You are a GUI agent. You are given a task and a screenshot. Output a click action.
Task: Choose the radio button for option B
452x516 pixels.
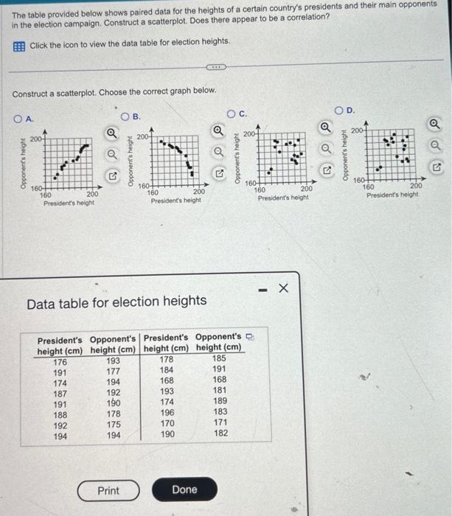pos(126,116)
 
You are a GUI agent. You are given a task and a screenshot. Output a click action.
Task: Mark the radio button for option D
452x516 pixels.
pos(340,111)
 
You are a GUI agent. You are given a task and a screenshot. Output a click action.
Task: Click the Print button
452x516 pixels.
pos(108,490)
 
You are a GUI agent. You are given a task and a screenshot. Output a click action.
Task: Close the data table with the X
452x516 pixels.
pos(282,289)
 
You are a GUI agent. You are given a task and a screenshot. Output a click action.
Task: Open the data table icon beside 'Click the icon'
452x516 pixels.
pos(19,45)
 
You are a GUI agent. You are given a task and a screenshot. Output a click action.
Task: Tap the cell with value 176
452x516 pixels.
pos(60,361)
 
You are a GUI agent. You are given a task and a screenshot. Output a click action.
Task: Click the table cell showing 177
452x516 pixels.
pos(113,373)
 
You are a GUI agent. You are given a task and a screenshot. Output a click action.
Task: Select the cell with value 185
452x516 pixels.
pos(219,359)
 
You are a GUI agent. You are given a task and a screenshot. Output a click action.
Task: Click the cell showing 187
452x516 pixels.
pos(60,393)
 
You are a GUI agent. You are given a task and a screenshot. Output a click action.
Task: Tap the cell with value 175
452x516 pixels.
pos(113,425)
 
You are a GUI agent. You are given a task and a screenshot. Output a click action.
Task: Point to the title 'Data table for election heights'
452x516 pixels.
pos(117,301)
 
